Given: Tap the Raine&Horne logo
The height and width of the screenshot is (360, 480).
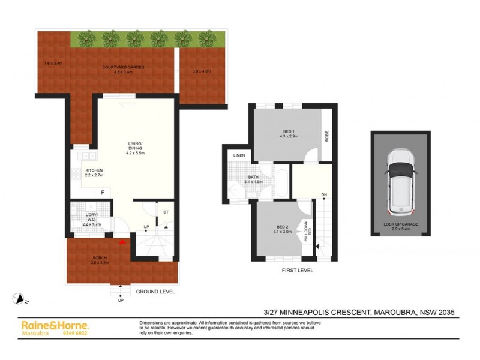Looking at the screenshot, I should click(x=55, y=325).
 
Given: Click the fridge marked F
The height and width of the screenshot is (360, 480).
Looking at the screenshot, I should click(x=103, y=192).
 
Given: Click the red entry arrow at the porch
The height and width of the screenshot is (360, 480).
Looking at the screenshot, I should click(x=122, y=242).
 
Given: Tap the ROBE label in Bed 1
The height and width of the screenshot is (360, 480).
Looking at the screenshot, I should click(x=326, y=135).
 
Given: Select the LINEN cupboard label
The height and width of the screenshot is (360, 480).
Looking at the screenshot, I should click(x=238, y=157).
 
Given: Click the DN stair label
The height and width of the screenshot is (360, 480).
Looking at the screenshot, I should click(x=323, y=195).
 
